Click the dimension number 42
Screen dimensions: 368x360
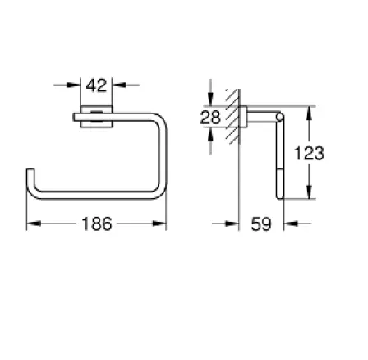(96, 85)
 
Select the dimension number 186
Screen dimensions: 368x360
(97, 224)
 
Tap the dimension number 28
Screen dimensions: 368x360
(210, 118)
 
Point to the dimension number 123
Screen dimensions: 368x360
(309, 153)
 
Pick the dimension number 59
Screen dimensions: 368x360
(261, 224)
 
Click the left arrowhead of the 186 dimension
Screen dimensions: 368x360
(34, 224)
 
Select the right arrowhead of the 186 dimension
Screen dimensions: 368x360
(159, 224)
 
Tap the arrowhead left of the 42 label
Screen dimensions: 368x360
(74, 85)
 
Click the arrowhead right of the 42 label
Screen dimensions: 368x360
(119, 85)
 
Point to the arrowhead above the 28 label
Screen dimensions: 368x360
(210, 99)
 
